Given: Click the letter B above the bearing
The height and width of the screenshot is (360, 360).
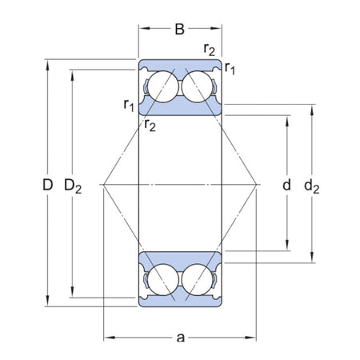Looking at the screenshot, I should tap(180, 30).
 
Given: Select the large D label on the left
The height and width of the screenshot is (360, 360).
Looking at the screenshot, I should tap(48, 186).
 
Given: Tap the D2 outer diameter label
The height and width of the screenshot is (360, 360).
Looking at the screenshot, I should tap(73, 187).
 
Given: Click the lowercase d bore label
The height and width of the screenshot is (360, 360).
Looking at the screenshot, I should tap(286, 186).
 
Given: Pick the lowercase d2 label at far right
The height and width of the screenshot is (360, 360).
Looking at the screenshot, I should tap(312, 187).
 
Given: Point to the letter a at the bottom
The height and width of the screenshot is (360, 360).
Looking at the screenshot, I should tap(180, 335).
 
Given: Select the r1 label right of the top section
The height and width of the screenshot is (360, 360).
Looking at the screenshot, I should tap(230, 69).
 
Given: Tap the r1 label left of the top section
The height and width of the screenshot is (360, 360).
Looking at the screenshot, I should tap(129, 103).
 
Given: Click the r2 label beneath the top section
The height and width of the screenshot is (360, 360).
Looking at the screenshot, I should tap(150, 122).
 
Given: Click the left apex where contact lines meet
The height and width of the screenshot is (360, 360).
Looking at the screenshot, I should tap(104, 185).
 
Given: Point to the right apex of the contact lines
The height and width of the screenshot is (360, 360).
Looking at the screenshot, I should tap(256, 185).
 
